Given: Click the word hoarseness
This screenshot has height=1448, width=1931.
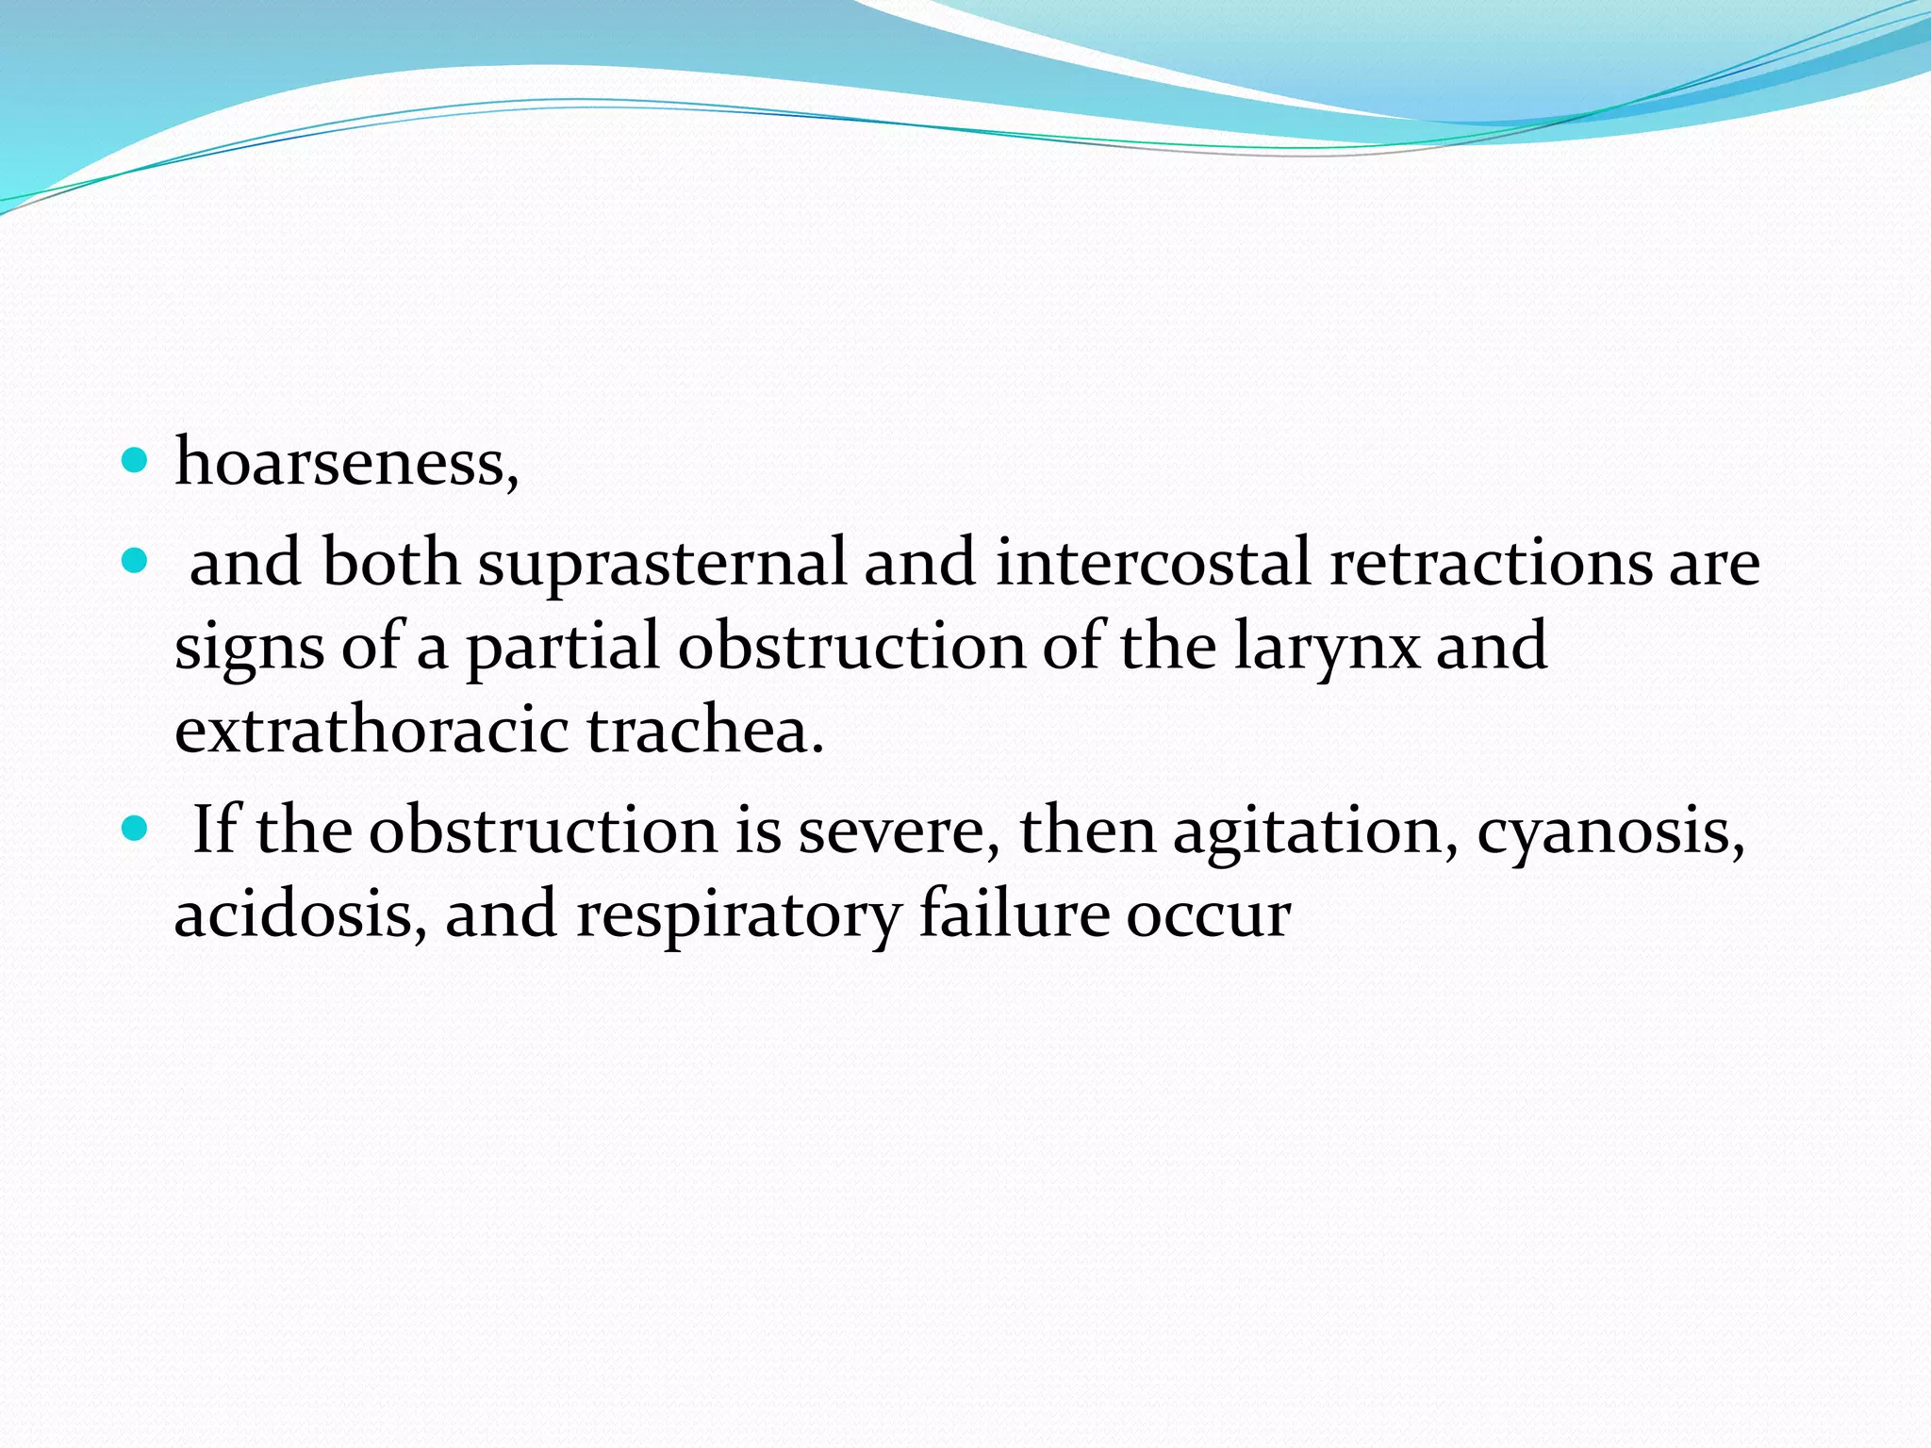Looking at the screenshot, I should [345, 463].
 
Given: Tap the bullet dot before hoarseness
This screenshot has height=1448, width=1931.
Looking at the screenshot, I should [136, 461].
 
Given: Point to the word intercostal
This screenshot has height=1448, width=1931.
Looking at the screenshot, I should [1152, 563].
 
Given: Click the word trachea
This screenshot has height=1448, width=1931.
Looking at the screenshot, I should [705, 731].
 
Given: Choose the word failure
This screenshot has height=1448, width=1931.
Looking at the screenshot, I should [1014, 913].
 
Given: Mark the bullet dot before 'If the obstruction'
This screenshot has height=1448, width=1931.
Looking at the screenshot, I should [136, 830].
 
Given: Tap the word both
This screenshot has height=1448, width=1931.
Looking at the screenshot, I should [391, 563].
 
